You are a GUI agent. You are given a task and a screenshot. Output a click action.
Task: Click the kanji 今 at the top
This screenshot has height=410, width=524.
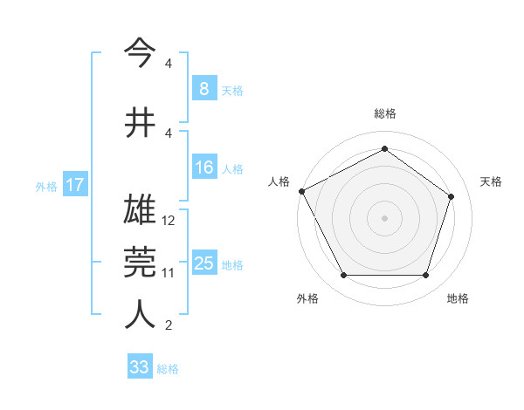[x=140, y=54]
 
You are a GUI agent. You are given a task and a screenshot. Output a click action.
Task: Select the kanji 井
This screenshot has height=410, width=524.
[x=140, y=122]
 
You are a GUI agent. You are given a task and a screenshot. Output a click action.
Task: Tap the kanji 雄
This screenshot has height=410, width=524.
[x=140, y=210]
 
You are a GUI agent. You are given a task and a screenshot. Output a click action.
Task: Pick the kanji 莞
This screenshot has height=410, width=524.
[x=140, y=262]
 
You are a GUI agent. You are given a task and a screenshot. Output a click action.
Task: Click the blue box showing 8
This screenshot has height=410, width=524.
[x=203, y=88]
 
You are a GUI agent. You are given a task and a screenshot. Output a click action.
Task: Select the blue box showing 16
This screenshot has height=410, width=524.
[x=203, y=167]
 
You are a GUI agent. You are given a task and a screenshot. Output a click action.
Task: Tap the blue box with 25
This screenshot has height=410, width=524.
[x=203, y=263]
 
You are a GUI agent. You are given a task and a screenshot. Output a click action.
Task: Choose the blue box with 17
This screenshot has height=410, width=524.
[x=74, y=185]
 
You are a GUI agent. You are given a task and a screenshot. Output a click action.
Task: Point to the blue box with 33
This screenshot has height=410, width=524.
[x=140, y=367]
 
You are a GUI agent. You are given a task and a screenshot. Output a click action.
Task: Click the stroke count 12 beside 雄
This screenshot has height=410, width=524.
[x=169, y=221]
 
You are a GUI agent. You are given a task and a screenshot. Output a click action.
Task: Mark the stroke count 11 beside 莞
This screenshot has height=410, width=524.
[x=169, y=273]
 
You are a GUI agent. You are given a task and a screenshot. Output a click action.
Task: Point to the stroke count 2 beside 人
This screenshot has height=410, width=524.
[x=169, y=326]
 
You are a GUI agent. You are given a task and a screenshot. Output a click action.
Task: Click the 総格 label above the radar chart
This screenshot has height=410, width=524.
[x=385, y=113]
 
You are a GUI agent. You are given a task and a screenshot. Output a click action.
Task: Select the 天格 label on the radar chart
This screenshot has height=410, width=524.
[x=492, y=181]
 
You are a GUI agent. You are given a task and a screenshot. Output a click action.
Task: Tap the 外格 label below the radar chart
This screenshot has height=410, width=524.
[x=307, y=298]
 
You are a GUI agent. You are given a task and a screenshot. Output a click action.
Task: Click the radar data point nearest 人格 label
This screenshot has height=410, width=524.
[x=301, y=191]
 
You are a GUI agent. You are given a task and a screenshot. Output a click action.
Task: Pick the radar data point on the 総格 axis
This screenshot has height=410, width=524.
[x=384, y=149]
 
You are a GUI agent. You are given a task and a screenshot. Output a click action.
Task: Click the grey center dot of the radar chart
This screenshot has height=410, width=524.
[x=384, y=217]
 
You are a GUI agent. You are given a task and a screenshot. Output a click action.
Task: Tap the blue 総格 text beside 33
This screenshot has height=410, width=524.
[x=168, y=369]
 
